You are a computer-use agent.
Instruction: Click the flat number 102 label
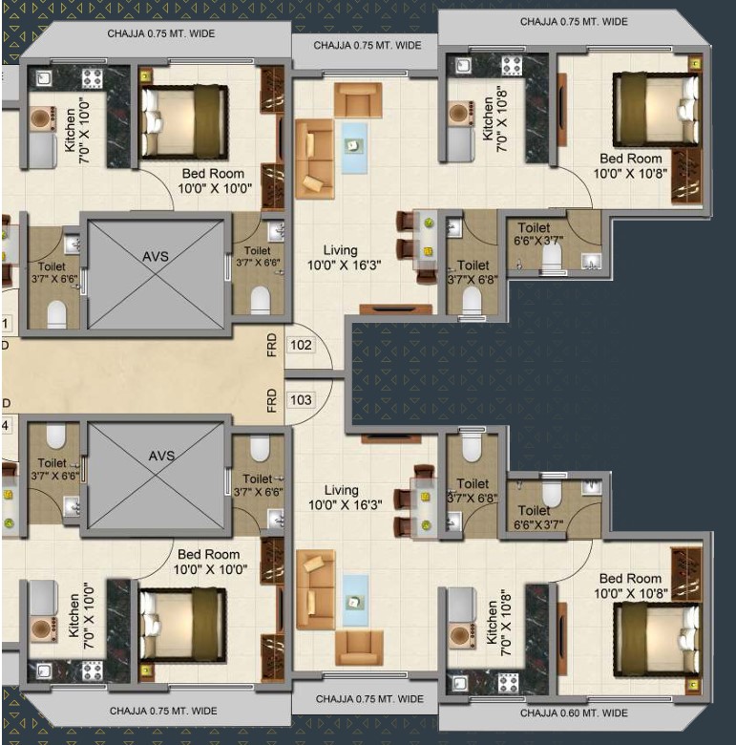[301, 345]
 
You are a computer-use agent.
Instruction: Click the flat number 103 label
[301, 400]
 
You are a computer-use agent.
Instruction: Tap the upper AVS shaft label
[156, 257]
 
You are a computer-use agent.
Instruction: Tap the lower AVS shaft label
[161, 457]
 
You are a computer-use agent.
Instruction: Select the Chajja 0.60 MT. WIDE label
[574, 713]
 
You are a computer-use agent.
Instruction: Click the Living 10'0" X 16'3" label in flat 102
[345, 258]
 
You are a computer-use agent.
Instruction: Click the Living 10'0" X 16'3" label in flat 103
[346, 498]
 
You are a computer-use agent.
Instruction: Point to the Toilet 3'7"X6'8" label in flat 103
[473, 490]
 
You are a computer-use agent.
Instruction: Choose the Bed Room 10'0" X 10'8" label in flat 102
[631, 166]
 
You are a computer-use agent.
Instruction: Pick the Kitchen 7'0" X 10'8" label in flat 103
[499, 623]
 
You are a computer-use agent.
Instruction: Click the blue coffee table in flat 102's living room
[354, 148]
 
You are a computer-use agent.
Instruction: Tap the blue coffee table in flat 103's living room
[355, 601]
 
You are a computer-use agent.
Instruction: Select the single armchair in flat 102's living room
[358, 100]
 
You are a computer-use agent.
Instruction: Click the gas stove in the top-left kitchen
[92, 78]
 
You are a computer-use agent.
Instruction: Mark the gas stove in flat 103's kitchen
[508, 683]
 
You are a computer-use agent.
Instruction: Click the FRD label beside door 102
[272, 345]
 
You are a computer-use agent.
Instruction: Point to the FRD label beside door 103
[272, 400]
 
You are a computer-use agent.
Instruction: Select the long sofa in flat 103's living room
[315, 589]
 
